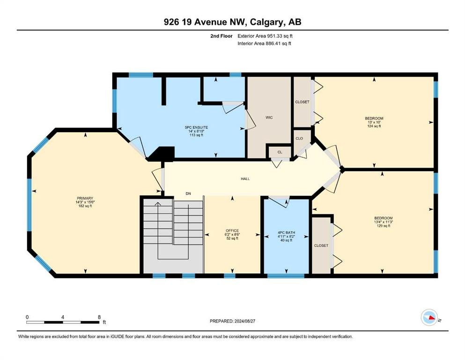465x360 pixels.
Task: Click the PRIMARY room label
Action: pyautogui.click(x=85, y=198)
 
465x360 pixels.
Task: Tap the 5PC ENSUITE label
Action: pyautogui.click(x=196, y=127)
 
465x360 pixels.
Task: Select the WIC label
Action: pyautogui.click(x=269, y=118)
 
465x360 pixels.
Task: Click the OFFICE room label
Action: pyautogui.click(x=232, y=231)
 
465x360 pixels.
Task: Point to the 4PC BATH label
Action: pyautogui.click(x=286, y=232)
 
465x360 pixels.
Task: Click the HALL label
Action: pyautogui.click(x=245, y=179)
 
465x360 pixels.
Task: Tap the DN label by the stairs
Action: pyautogui.click(x=188, y=194)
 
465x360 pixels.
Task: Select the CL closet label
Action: pyautogui.click(x=280, y=152)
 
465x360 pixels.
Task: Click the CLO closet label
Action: pyautogui.click(x=299, y=138)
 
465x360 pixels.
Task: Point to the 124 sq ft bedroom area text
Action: pyautogui.click(x=374, y=126)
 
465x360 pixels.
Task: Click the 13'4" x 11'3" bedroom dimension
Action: pyautogui.click(x=383, y=222)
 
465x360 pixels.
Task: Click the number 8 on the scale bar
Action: pyautogui.click(x=99, y=317)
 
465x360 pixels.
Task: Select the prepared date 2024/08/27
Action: pyautogui.click(x=244, y=321)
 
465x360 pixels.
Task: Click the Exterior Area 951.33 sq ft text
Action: pyautogui.click(x=265, y=36)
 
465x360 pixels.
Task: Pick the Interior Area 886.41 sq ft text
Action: pyautogui.click(x=264, y=43)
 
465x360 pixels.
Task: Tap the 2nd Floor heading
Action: pyautogui.click(x=221, y=36)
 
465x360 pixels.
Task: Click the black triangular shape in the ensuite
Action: pyautogui.click(x=162, y=154)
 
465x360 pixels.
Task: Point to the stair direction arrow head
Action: pyautogui.click(x=158, y=203)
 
